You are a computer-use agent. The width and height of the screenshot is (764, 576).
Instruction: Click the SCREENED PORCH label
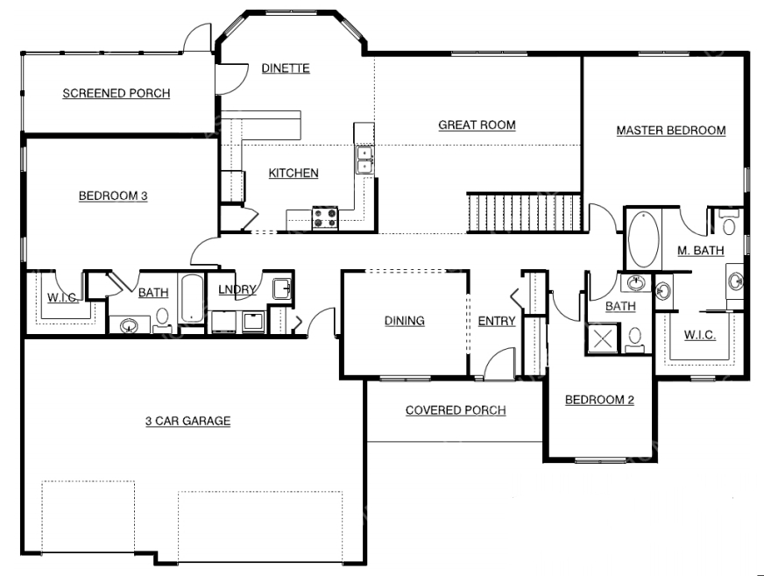[117, 93]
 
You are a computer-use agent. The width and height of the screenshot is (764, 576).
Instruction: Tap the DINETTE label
[286, 68]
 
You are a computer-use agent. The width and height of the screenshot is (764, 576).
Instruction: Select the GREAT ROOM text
[477, 124]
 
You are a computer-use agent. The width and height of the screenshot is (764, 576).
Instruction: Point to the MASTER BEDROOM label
[671, 131]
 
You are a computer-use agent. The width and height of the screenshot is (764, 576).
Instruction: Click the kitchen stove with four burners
[325, 217]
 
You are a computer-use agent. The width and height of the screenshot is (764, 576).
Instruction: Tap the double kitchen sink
[364, 160]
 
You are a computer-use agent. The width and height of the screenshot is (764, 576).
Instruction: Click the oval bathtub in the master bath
[644, 239]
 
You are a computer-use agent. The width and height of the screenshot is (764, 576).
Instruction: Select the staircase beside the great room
[524, 212]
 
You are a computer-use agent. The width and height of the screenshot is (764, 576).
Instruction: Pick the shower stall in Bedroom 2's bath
[603, 338]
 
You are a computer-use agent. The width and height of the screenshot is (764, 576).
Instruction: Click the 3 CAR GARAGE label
[188, 421]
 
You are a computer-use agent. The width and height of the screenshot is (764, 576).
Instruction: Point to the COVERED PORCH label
[456, 410]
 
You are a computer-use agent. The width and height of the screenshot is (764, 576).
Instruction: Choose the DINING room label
[405, 320]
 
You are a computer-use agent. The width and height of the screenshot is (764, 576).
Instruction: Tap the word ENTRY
[497, 321]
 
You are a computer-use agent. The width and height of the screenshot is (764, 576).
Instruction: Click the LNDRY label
[237, 289]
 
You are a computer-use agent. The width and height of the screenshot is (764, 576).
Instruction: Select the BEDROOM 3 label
[113, 196]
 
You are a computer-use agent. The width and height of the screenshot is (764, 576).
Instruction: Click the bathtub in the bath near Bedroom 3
[192, 299]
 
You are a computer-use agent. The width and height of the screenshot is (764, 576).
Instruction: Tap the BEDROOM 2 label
[599, 400]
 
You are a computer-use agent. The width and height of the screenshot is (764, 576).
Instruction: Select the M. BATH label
[701, 251]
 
